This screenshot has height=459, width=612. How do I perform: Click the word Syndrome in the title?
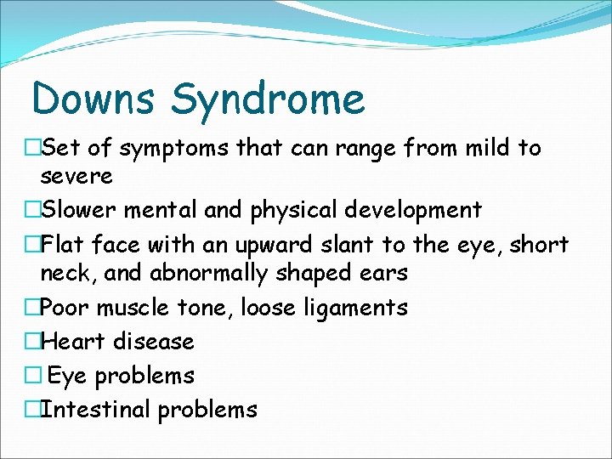click(268, 100)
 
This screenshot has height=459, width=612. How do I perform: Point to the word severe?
click(76, 177)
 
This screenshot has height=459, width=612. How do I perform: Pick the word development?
click(417, 211)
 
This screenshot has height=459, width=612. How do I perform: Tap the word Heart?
click(70, 342)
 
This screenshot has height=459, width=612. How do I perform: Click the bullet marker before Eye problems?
click(31, 376)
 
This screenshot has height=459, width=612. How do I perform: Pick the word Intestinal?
click(95, 410)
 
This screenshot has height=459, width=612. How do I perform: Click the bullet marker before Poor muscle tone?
click(31, 308)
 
